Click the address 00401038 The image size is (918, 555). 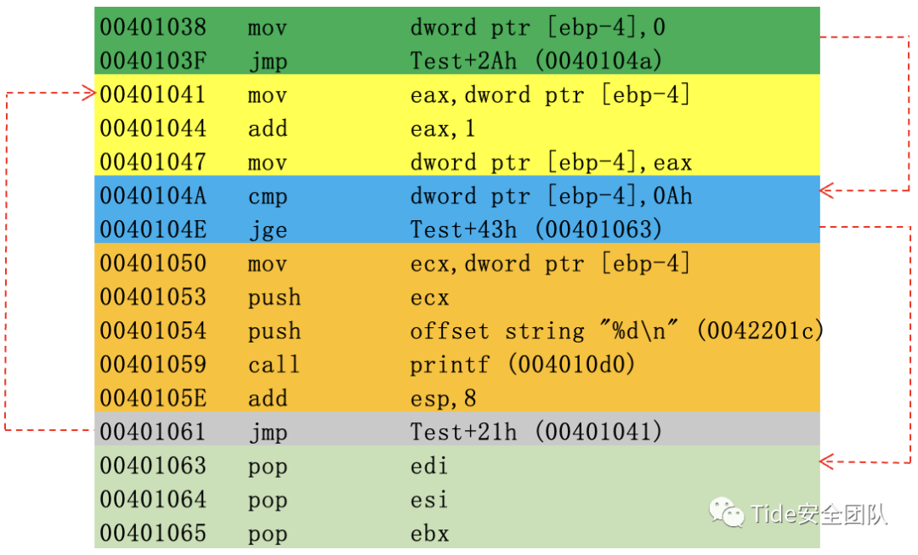point(153,28)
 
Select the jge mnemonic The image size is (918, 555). point(267,230)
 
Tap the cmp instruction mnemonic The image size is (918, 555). point(267,197)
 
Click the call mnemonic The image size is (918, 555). point(274,365)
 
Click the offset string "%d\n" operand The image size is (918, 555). point(616,331)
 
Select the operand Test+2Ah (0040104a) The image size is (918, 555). point(536,61)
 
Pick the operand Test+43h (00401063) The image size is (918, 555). point(536,230)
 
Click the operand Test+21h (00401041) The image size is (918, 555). point(536,433)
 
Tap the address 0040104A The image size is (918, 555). point(153,197)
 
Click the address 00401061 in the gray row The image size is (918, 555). point(153,433)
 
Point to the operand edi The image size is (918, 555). point(429,467)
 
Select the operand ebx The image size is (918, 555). point(429,534)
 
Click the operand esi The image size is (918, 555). point(429,500)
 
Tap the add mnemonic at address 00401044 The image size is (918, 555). point(267,129)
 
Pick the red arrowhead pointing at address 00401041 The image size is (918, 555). point(88,93)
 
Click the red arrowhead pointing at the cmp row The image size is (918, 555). point(827,191)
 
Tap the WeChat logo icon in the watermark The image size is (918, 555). point(725,512)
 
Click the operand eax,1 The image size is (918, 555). point(442,129)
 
